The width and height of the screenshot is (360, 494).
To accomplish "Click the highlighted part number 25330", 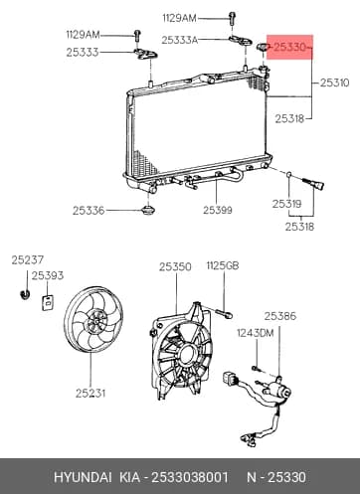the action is pyautogui.click(x=289, y=48).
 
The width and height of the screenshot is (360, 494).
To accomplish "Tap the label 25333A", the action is pyautogui.click(x=180, y=40).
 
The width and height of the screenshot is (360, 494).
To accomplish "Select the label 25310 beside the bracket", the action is pyautogui.click(x=334, y=82).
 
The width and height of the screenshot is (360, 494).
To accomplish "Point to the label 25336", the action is pyautogui.click(x=89, y=211).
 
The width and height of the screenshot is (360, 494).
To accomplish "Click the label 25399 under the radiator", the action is pyautogui.click(x=218, y=210).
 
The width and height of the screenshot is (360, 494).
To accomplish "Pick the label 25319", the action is pyautogui.click(x=287, y=204).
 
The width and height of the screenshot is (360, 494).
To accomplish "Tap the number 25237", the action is pyautogui.click(x=28, y=260).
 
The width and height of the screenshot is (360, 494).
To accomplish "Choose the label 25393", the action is pyautogui.click(x=48, y=275).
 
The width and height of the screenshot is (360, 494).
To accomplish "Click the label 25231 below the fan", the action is pyautogui.click(x=90, y=394).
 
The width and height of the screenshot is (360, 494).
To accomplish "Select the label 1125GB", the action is pyautogui.click(x=223, y=265).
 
